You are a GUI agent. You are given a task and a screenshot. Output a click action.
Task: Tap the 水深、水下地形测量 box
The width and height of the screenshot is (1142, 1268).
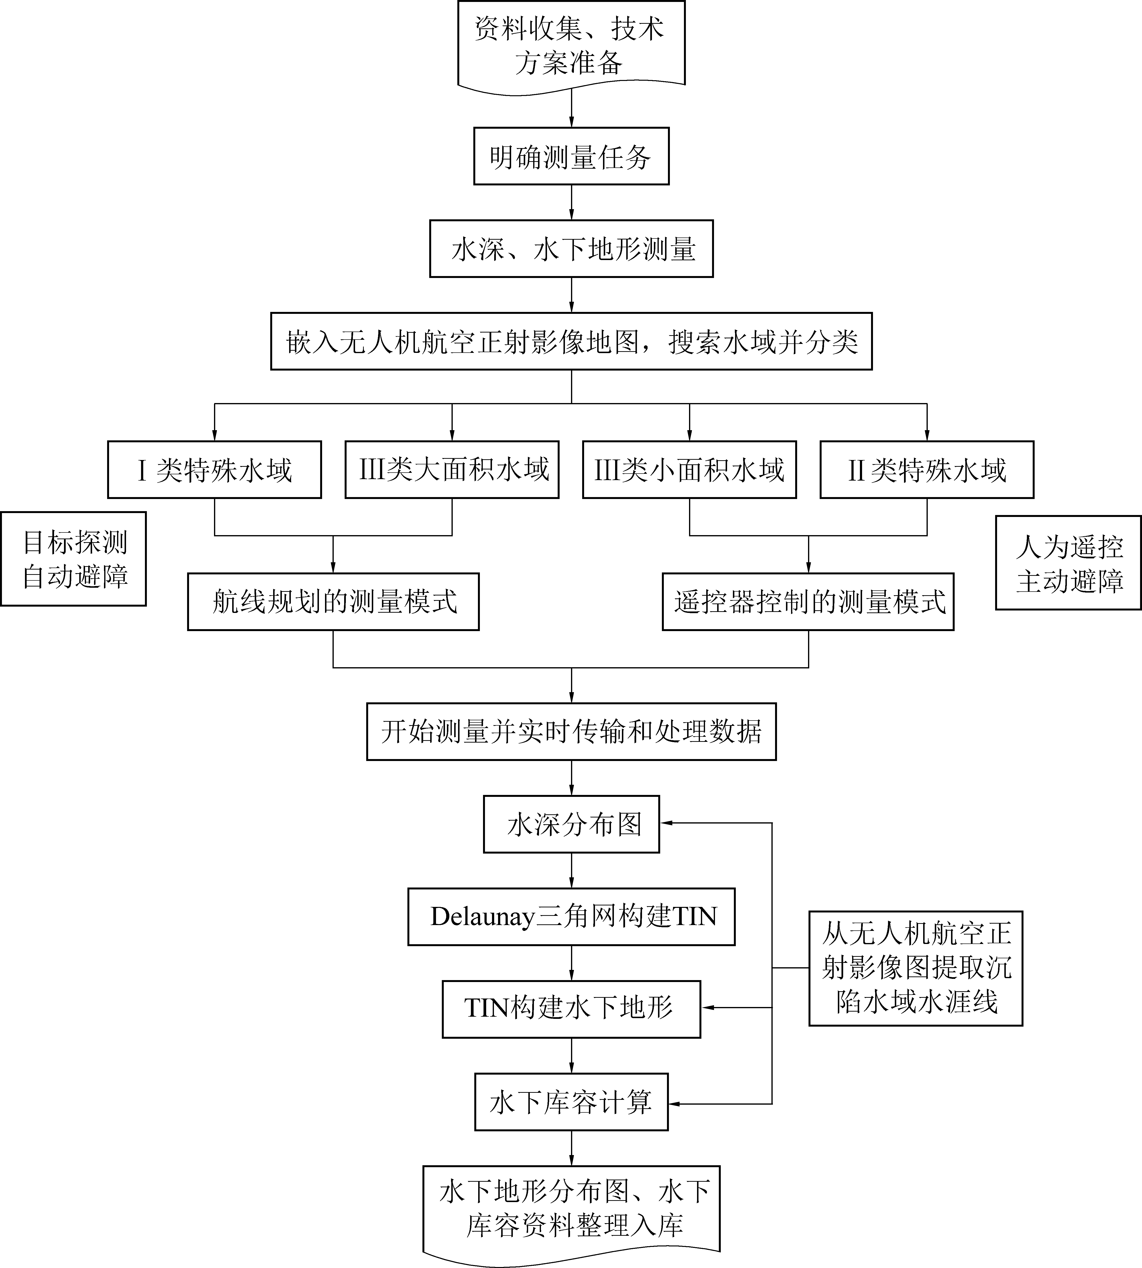point(571,248)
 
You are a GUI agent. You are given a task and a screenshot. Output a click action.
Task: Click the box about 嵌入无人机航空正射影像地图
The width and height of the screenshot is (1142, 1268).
point(571,341)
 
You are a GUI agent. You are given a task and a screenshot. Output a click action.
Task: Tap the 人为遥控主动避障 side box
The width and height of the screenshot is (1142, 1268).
point(1069,563)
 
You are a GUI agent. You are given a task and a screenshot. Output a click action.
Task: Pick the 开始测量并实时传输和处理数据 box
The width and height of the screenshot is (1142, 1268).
point(571,732)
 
